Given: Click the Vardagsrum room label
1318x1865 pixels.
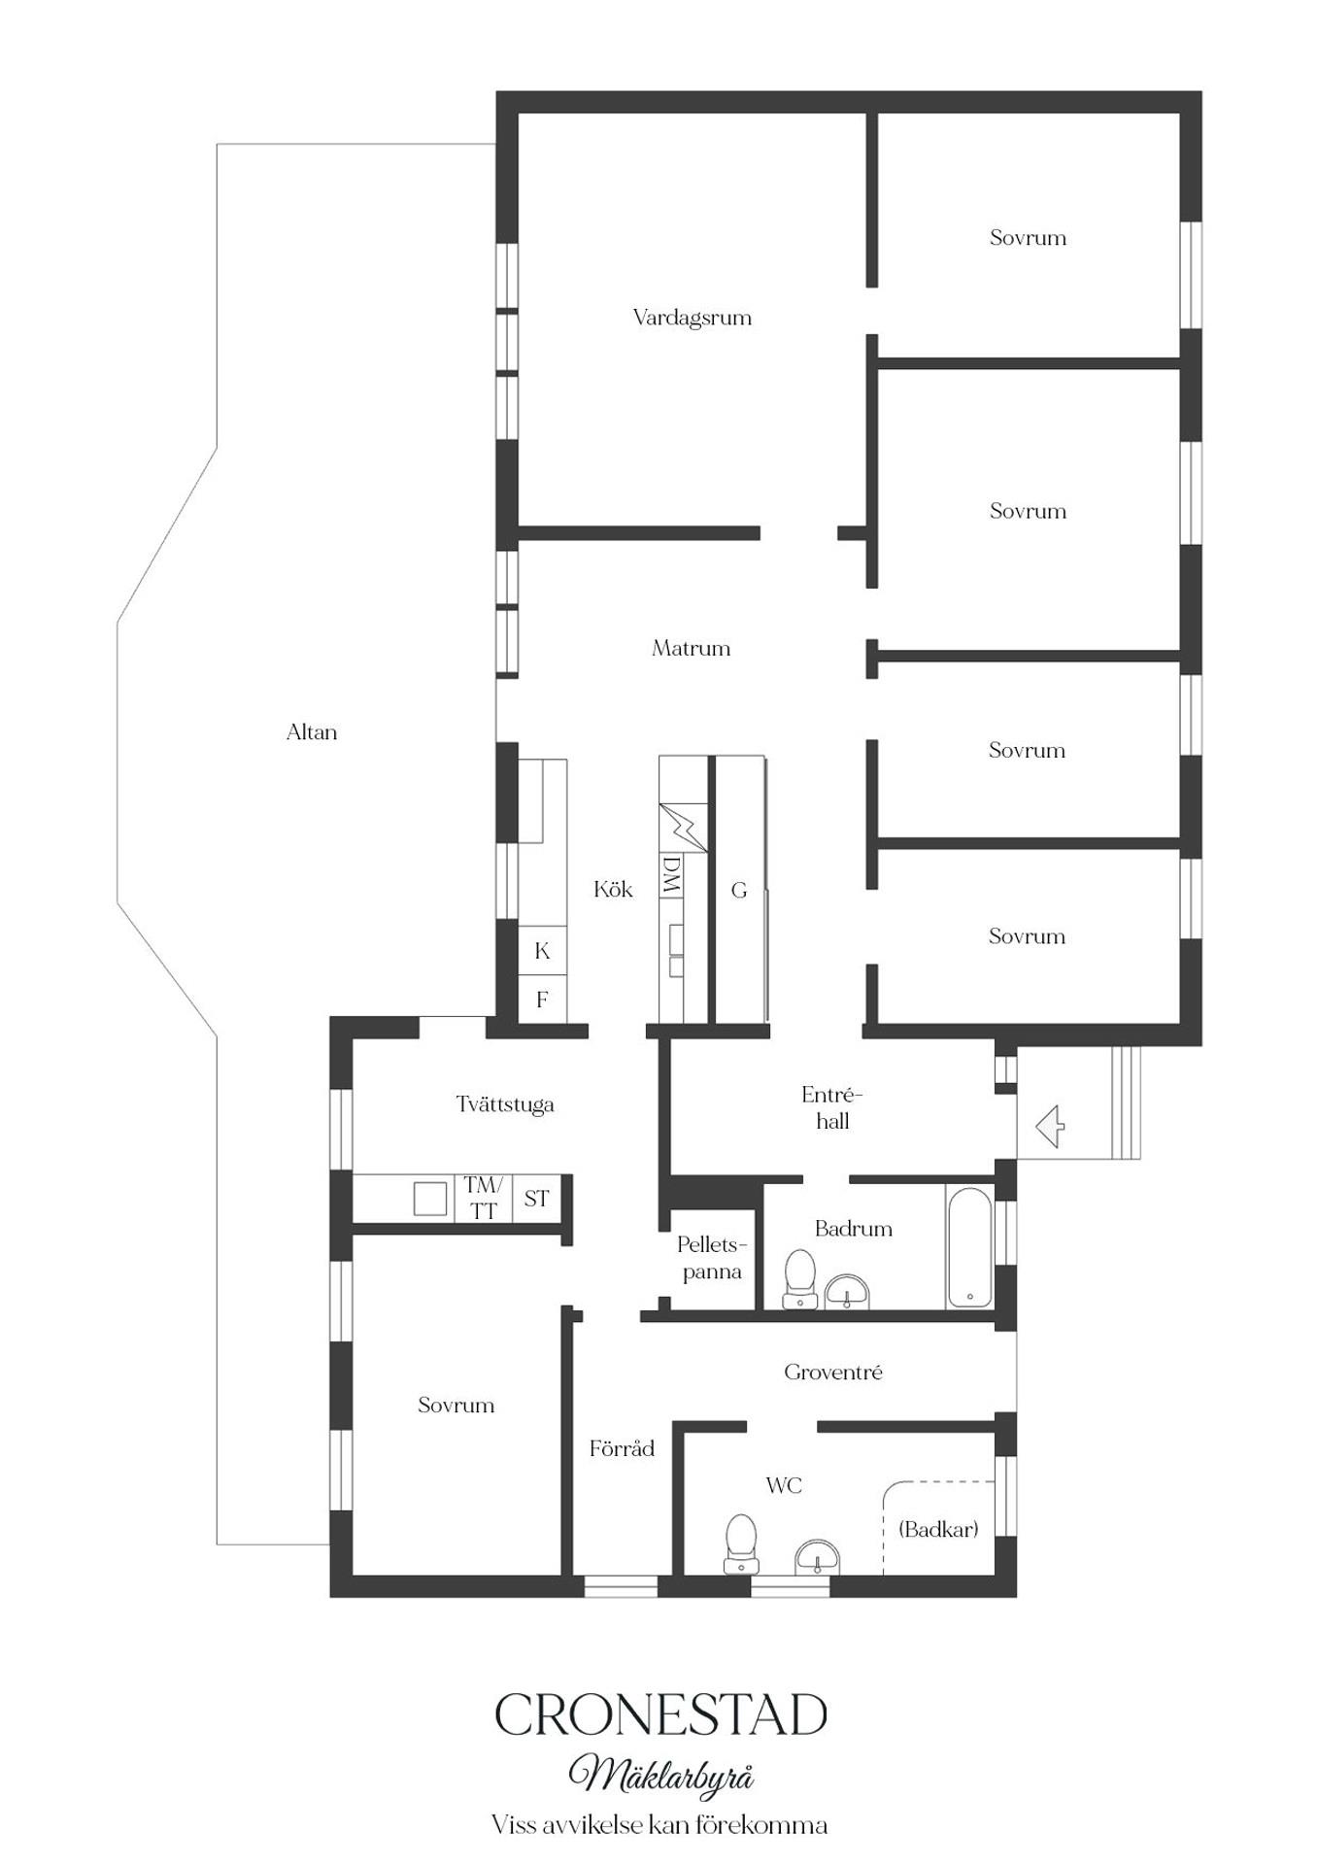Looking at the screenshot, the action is [692, 318].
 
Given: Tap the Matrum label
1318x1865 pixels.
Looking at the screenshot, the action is [691, 648].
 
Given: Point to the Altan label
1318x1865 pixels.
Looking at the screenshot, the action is [312, 732].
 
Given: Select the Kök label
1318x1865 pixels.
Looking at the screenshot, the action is [613, 889].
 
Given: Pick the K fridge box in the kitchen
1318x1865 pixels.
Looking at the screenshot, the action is [542, 951].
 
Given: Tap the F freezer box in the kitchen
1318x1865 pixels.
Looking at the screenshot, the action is [542, 1000].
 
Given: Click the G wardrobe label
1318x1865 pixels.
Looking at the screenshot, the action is [739, 890].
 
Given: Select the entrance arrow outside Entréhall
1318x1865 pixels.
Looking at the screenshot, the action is [1050, 1127].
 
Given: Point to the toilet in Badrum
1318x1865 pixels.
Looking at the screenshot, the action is [800, 1279].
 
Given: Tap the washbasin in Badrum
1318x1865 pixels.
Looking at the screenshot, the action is [847, 1292].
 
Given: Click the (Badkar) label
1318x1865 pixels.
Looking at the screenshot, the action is [938, 1529].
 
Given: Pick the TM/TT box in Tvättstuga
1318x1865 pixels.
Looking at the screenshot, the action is [483, 1198].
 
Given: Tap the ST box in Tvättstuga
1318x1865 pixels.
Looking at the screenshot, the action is [537, 1198].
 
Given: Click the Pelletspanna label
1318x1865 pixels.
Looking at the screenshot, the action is [712, 1258].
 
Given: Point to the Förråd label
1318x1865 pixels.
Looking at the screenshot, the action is [622, 1448].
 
